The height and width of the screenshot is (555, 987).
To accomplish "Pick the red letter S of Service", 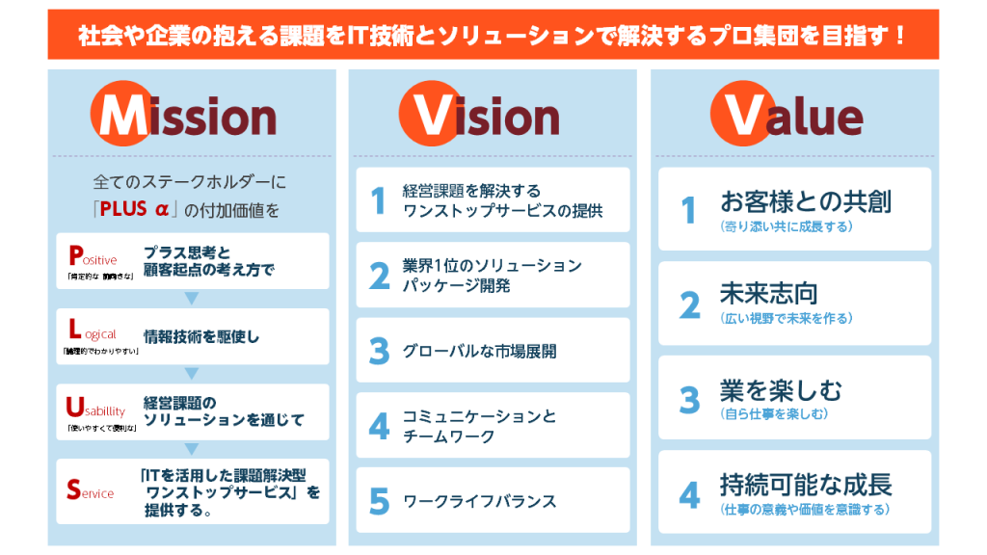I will (73, 489).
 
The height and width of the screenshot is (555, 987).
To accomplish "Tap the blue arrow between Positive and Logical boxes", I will (192, 298).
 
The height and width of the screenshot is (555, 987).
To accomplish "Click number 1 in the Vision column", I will (379, 200).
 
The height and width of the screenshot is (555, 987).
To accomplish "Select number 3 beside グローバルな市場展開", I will (379, 351).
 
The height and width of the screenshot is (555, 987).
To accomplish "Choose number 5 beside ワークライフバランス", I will (379, 501).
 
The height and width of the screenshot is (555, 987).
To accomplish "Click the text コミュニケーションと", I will (479, 416).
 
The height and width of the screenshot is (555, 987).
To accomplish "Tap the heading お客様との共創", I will (805, 201).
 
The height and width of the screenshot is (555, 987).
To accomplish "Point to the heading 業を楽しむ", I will (780, 389).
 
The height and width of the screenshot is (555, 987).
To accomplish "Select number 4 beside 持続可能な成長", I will (689, 495).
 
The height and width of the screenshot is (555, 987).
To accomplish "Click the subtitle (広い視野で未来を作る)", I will (786, 318).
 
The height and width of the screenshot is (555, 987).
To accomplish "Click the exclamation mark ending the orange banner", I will (898, 36).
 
